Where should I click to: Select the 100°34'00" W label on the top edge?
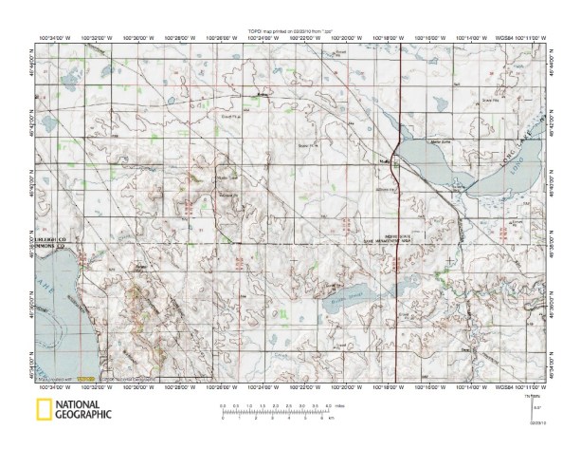click(55, 39)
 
